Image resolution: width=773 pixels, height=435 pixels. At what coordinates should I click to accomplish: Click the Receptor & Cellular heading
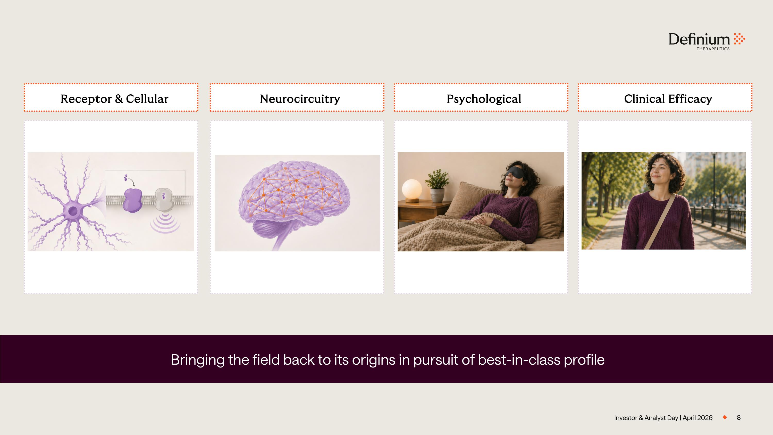click(x=114, y=99)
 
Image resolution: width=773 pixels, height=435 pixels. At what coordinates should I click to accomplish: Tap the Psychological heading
click(x=484, y=99)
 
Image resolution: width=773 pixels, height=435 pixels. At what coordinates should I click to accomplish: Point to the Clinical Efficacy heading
click(x=668, y=99)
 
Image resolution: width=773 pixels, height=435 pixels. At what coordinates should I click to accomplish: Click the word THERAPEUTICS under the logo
click(x=713, y=49)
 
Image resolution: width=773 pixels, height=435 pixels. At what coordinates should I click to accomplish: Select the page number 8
click(x=739, y=417)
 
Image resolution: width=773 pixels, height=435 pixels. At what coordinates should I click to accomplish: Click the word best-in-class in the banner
click(x=519, y=360)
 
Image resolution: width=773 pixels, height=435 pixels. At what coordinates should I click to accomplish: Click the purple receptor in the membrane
click(x=133, y=201)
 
